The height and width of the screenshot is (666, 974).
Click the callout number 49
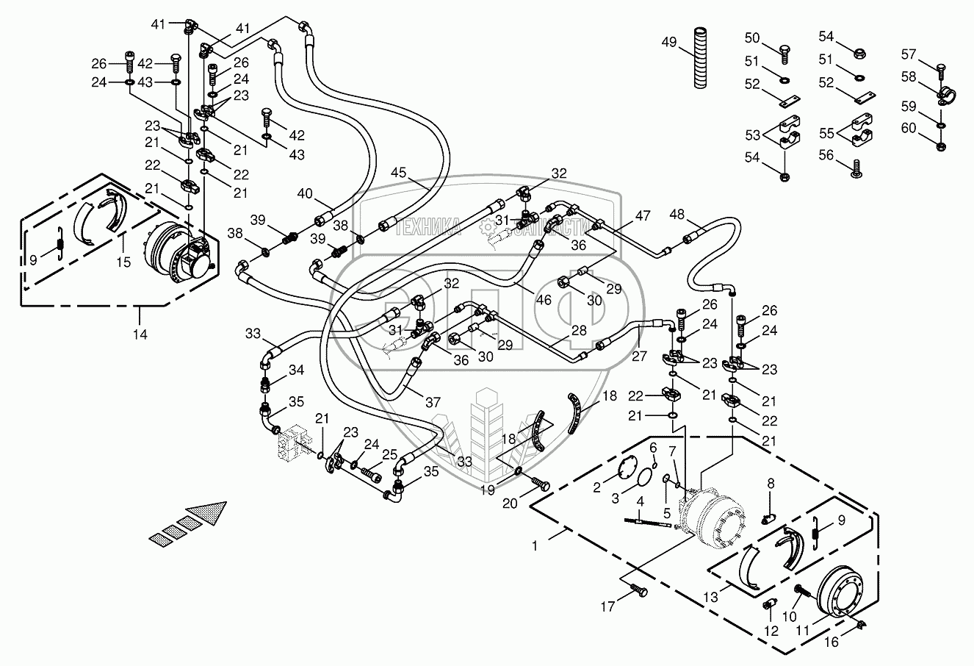tap(668, 43)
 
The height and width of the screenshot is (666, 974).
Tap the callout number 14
tap(140, 334)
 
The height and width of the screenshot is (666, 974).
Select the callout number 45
tap(398, 173)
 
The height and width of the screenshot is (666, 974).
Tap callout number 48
tap(676, 215)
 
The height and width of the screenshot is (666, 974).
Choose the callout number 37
tap(433, 402)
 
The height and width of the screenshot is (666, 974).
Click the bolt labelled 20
tap(543, 484)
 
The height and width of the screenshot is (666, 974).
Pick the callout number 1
tap(535, 546)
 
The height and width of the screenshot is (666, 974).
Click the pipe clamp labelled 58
tap(944, 95)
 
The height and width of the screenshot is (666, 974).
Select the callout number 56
tap(827, 155)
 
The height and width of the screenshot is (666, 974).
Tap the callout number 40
tap(305, 193)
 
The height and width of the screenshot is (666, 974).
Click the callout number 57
tap(909, 54)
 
